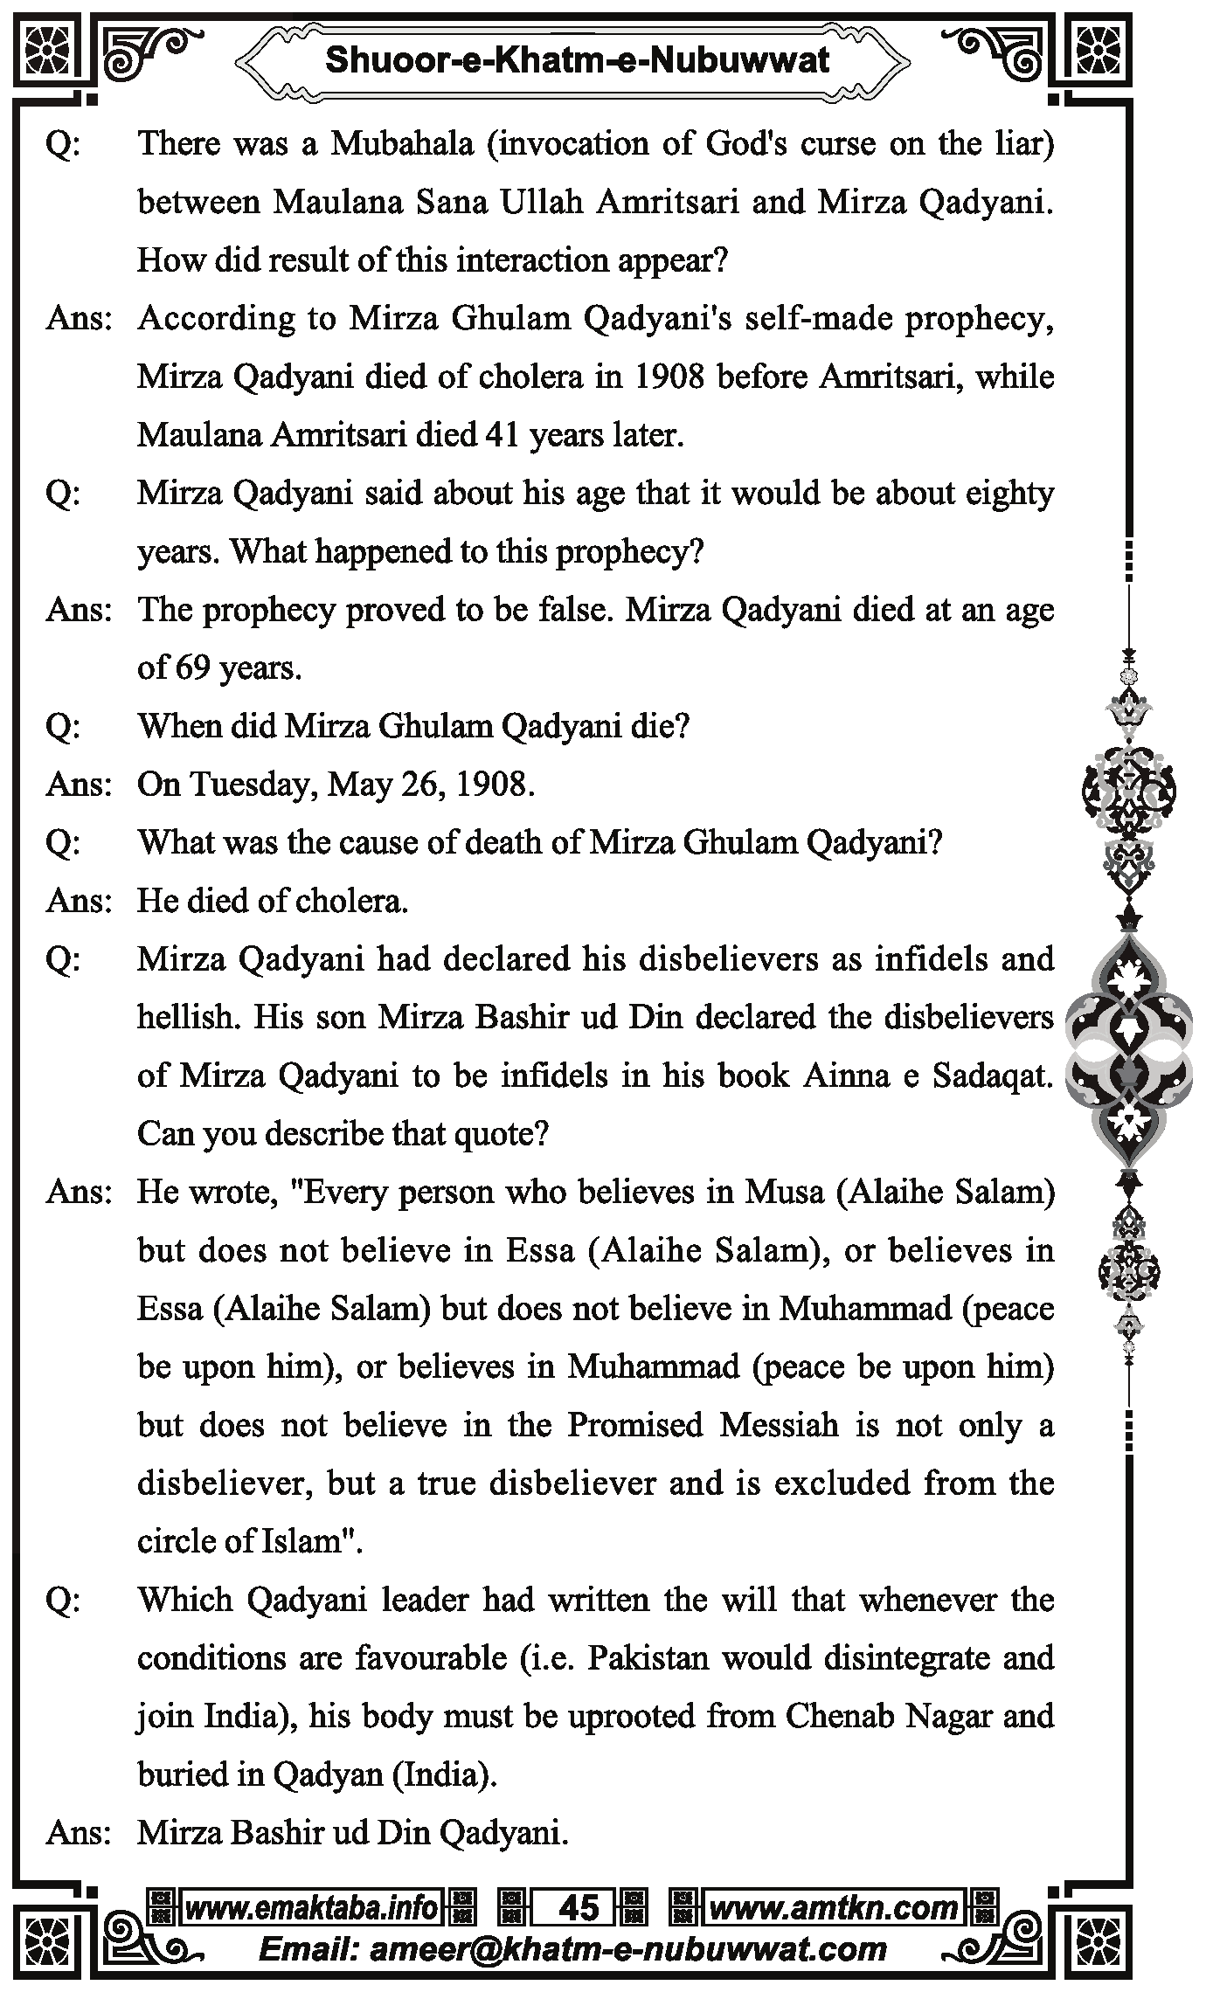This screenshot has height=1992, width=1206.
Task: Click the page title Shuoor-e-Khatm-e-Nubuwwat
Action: pos(577,60)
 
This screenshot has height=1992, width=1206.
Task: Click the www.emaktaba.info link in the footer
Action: pos(311,1907)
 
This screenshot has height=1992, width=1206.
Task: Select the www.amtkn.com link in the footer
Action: pos(832,1907)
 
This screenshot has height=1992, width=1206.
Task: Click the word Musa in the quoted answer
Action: pos(783,1192)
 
